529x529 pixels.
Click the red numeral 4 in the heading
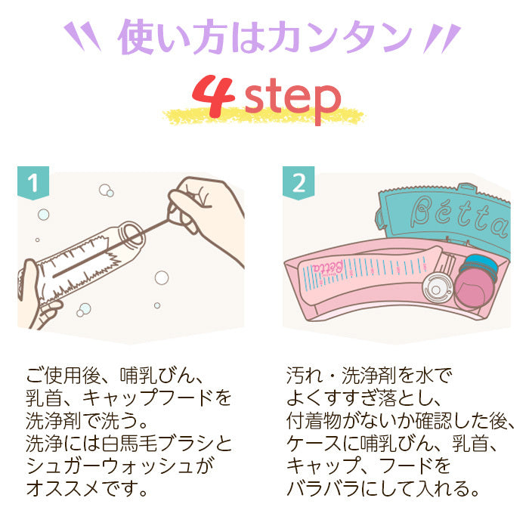click(214, 96)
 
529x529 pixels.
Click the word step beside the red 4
click(292, 100)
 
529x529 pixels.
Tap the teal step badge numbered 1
click(33, 183)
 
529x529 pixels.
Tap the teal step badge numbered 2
click(299, 183)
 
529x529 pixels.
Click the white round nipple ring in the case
click(437, 289)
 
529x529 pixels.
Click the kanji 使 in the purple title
click(135, 37)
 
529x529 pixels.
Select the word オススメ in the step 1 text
click(63, 488)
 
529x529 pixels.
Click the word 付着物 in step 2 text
click(314, 421)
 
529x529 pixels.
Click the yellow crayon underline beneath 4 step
click(264, 116)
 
